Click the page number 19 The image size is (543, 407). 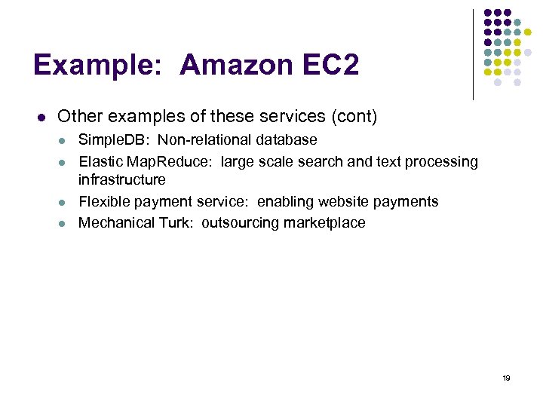coord(506,378)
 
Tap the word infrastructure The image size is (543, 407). coord(122,179)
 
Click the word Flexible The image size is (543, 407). coord(105,201)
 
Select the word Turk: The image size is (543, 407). coord(178,222)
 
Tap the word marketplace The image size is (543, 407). coord(325,222)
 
